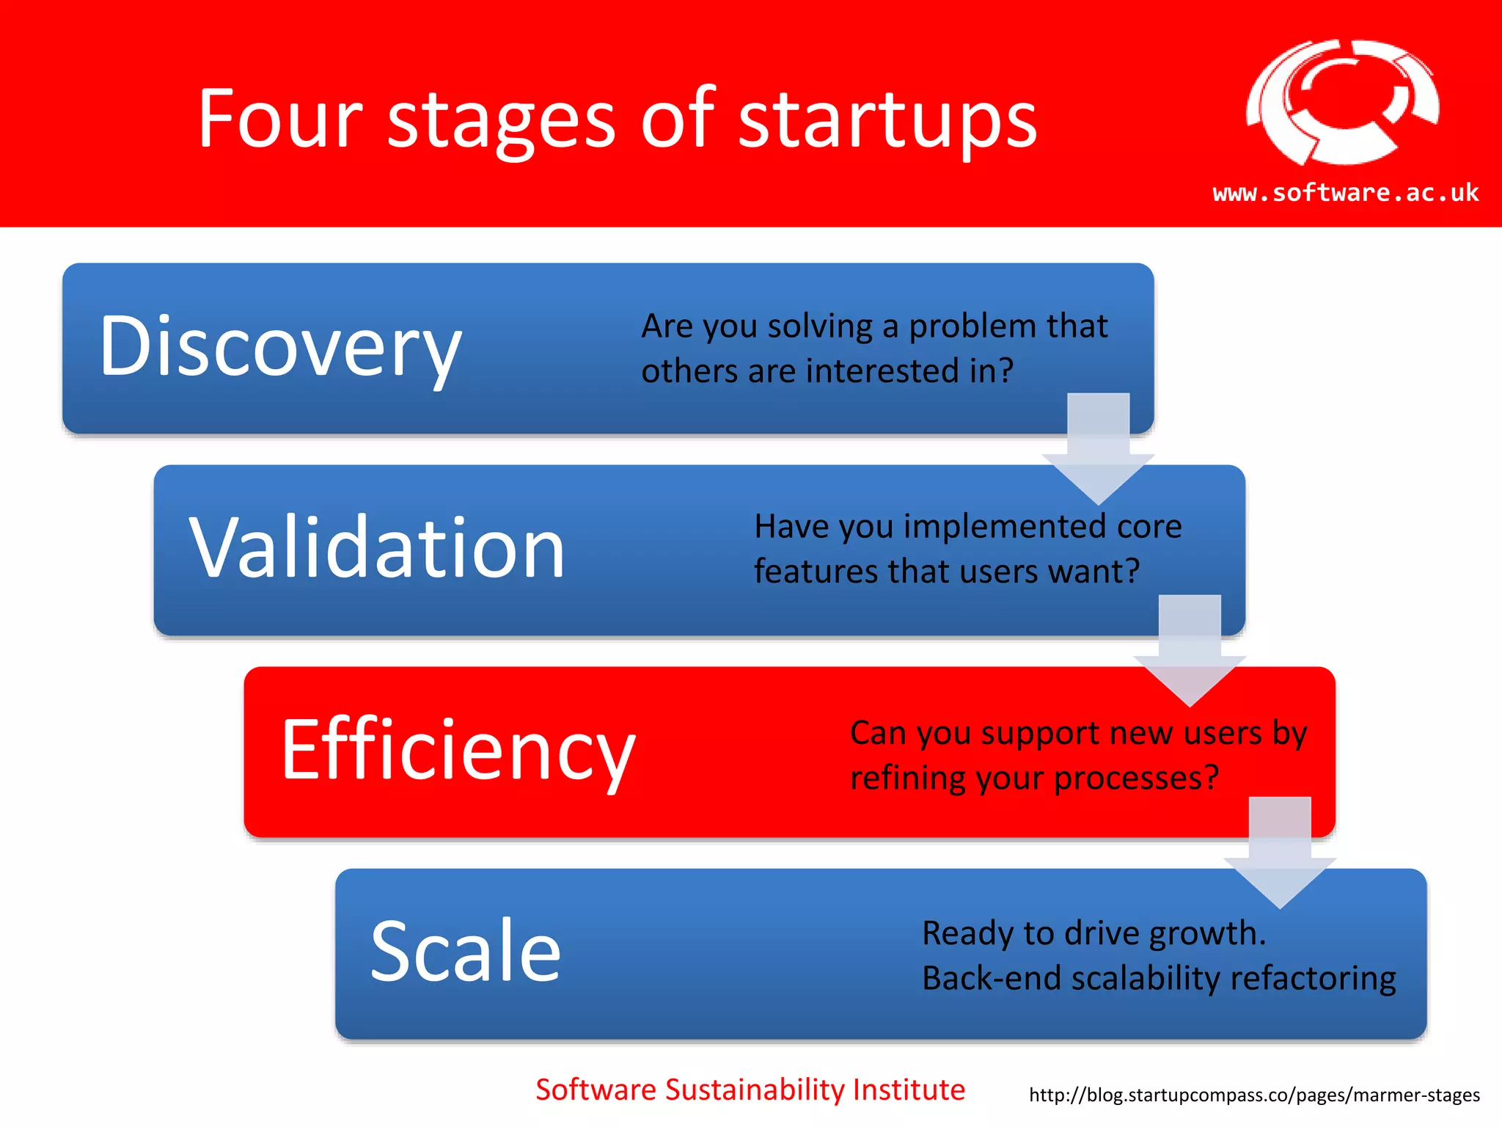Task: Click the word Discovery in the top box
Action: click(x=280, y=346)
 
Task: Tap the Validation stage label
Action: click(x=377, y=547)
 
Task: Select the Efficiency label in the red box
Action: click(x=458, y=750)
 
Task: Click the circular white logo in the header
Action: click(x=1342, y=103)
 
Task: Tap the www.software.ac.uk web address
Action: click(x=1346, y=192)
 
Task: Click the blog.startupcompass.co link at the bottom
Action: click(x=1254, y=1095)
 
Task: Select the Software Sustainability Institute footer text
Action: click(x=750, y=1090)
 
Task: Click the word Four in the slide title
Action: click(x=280, y=119)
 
